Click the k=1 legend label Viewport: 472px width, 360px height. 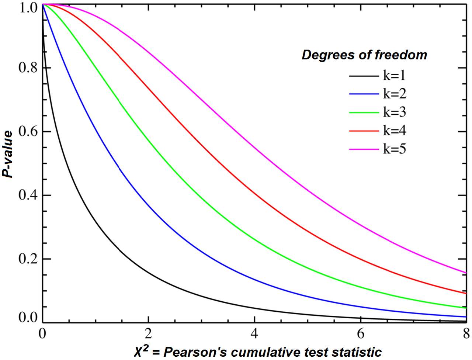click(x=394, y=76)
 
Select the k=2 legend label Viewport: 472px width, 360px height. click(x=395, y=94)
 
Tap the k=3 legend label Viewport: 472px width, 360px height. click(x=395, y=112)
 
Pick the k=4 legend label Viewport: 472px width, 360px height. click(x=395, y=131)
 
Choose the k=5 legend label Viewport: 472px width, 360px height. click(x=395, y=149)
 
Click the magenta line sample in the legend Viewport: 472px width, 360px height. click(x=364, y=149)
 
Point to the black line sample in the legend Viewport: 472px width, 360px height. click(x=364, y=76)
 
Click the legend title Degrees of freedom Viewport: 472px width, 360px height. click(x=364, y=55)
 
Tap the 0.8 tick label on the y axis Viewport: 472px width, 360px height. click(x=28, y=68)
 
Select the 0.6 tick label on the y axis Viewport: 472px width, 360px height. click(x=28, y=132)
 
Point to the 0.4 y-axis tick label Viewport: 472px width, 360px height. click(x=28, y=195)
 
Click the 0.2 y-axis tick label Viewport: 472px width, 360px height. click(x=28, y=259)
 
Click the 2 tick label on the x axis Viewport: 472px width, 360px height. click(x=148, y=333)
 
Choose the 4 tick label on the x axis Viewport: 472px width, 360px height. click(x=254, y=333)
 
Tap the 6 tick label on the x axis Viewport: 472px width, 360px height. click(x=361, y=333)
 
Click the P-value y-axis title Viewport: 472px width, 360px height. click(x=8, y=154)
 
